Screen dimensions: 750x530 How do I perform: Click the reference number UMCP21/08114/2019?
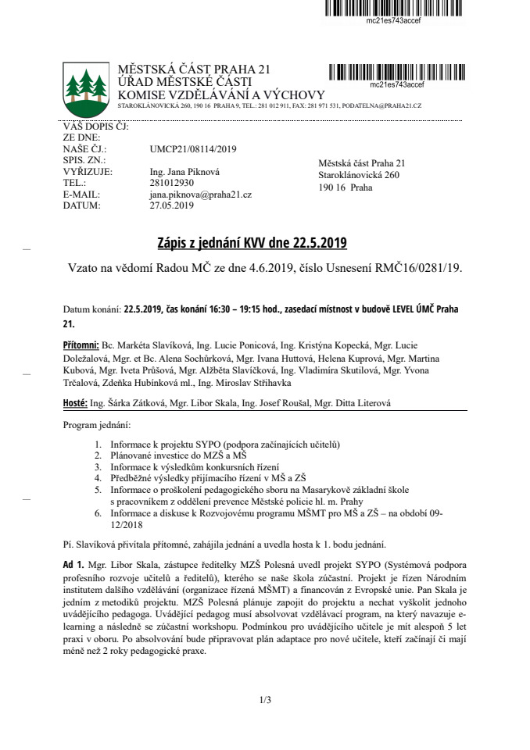point(193,148)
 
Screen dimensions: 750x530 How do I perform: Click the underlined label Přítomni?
point(81,345)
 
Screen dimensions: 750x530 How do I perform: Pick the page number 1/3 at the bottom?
point(265,699)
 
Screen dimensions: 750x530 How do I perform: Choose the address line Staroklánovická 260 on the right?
point(359,175)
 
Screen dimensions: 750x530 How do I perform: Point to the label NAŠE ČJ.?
point(84,148)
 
